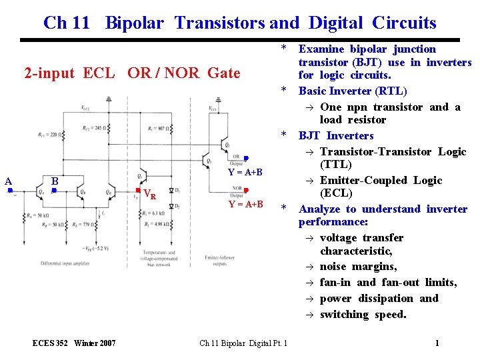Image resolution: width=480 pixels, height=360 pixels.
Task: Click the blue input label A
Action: [x=8, y=181]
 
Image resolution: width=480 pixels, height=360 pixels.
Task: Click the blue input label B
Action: [x=56, y=181]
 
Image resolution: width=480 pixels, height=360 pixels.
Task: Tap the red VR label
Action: [x=150, y=195]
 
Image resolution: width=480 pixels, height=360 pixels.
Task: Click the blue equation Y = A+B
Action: [x=245, y=172]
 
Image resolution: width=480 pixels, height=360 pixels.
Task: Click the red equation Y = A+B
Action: [x=245, y=204]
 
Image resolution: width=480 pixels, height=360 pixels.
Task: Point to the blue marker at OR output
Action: [x=246, y=158]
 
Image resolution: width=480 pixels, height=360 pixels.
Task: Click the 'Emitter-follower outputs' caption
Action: [x=221, y=262]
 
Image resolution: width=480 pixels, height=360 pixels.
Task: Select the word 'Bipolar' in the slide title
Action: [x=134, y=23]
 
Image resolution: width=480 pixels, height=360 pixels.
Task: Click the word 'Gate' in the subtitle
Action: [x=223, y=73]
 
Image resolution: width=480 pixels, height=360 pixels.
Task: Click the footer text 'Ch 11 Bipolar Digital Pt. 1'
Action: [x=243, y=343]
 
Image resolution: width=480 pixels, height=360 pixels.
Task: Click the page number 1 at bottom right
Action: [x=437, y=343]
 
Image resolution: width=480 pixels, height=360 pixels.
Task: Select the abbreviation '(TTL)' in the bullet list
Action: [x=337, y=165]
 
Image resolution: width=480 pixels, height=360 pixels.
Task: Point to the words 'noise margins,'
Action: [x=358, y=267]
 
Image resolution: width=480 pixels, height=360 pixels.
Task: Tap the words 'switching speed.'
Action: [x=363, y=315]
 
